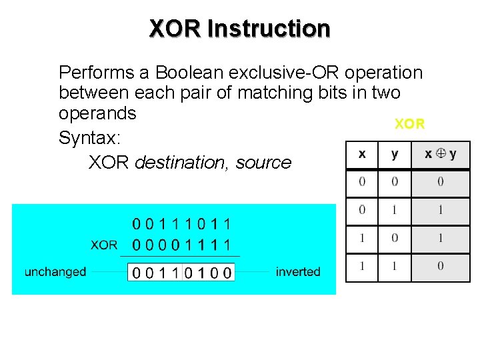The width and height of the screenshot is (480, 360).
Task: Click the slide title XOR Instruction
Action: (x=239, y=29)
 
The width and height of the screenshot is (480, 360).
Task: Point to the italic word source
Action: (x=261, y=163)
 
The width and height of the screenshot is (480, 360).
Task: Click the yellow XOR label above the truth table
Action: (x=409, y=124)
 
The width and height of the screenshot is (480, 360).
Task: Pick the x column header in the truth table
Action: (x=362, y=155)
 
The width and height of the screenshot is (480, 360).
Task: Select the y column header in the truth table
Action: (x=395, y=155)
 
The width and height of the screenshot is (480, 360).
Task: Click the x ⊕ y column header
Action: (x=441, y=155)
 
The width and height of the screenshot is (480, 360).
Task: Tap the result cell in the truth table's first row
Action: (x=441, y=181)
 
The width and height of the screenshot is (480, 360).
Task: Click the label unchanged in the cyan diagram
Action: (x=55, y=271)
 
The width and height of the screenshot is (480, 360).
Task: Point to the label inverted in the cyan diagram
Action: (x=298, y=271)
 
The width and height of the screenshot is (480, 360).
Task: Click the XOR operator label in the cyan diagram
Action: (x=103, y=245)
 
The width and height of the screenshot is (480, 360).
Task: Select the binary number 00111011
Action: (x=182, y=224)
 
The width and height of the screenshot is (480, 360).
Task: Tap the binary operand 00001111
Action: (x=182, y=245)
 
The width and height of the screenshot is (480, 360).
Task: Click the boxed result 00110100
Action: (x=182, y=272)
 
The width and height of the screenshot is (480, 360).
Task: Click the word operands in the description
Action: (x=97, y=113)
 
